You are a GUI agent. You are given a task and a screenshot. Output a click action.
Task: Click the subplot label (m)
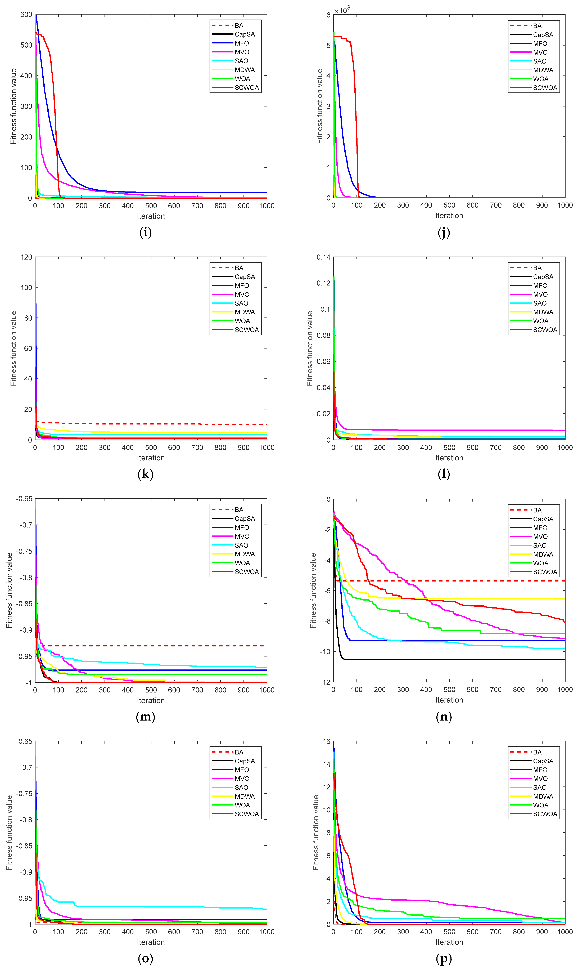(x=145, y=716)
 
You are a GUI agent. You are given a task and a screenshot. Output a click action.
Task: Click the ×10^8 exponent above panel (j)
(x=342, y=10)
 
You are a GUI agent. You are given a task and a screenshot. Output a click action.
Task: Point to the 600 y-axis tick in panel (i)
(x=26, y=15)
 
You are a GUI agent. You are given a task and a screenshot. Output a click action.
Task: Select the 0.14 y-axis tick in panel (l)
(x=323, y=257)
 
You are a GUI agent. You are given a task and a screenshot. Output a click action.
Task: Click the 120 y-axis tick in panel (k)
(x=26, y=257)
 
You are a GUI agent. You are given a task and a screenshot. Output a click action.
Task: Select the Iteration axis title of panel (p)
(x=449, y=942)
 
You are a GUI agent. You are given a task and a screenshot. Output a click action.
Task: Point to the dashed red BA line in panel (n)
(x=467, y=581)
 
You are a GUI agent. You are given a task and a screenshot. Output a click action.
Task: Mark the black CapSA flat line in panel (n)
(x=467, y=660)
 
